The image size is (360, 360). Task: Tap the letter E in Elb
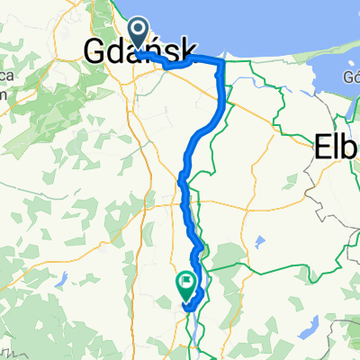[322, 147]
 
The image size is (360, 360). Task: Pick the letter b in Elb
[352, 147]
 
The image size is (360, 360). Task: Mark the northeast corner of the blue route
[221, 60]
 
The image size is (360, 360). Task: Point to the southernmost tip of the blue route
[187, 310]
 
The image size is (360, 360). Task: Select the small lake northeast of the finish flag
[259, 242]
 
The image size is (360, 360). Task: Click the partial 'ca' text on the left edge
[4, 79]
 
